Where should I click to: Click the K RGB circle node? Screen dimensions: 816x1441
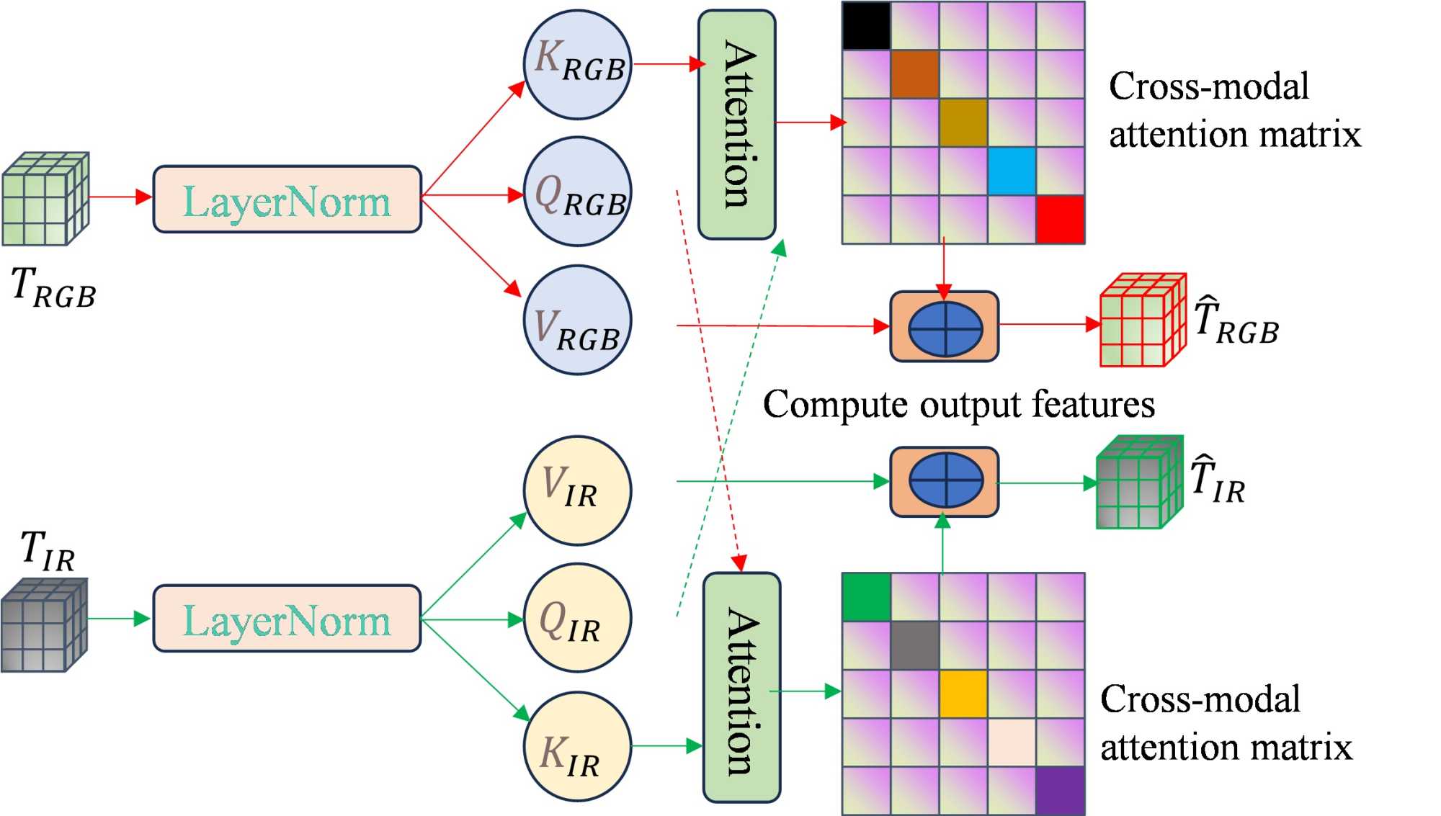point(577,64)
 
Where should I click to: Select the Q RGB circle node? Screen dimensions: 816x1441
point(577,192)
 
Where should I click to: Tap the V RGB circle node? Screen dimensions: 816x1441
point(577,320)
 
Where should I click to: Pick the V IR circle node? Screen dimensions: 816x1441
point(577,490)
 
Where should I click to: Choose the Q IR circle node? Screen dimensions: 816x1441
point(577,619)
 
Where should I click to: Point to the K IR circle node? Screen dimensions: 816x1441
point(577,747)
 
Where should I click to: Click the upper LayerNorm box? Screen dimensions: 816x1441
point(287,199)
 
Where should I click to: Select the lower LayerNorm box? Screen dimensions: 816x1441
point(287,619)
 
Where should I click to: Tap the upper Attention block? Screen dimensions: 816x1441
point(737,125)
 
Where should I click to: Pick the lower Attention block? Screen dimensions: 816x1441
point(741,688)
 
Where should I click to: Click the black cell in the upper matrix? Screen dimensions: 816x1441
point(866,26)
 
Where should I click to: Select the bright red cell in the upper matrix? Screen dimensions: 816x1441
point(1060,220)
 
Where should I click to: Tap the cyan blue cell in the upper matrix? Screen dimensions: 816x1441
point(1012,171)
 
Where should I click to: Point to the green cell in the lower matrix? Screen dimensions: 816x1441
point(866,597)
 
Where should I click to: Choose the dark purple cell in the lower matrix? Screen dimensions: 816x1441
point(1060,791)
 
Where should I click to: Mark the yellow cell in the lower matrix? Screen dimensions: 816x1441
point(963,694)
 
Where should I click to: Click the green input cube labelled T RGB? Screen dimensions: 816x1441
point(45,199)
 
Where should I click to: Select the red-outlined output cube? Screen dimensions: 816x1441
point(1143,320)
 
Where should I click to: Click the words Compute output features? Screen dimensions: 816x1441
point(958,404)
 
